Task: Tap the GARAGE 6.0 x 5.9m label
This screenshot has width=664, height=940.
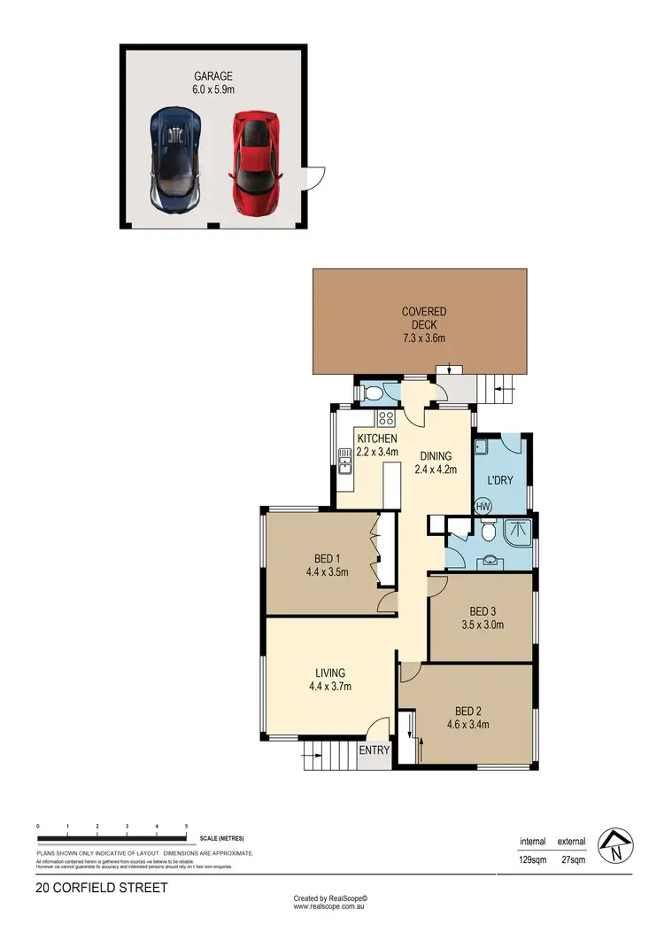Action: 214,83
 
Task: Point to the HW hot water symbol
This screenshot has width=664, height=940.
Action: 483,507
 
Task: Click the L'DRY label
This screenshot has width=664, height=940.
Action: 500,481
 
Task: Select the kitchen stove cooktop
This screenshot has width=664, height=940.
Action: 386,420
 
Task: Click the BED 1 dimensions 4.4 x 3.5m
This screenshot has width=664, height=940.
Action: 326,571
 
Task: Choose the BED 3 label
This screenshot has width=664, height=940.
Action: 481,611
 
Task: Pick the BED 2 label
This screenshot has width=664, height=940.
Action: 467,711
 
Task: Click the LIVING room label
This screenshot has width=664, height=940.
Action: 328,672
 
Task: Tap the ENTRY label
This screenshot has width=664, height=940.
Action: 374,750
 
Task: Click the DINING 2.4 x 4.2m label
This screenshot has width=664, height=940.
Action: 436,463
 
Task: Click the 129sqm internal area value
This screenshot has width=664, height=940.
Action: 533,858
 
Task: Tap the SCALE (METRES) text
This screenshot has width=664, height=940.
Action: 221,838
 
